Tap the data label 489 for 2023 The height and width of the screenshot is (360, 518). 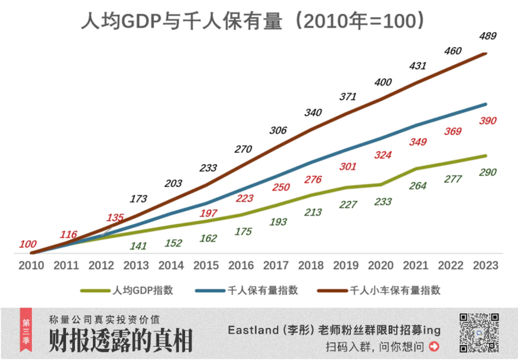click(487, 36)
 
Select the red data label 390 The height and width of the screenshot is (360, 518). click(487, 121)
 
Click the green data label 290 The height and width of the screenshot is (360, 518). click(487, 172)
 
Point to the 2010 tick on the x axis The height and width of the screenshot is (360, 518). click(31, 266)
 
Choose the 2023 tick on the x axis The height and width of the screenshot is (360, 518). click(485, 266)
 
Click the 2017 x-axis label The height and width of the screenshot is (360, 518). click(276, 266)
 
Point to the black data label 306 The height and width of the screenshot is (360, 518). click(278, 131)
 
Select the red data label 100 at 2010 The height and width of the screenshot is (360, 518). click(28, 244)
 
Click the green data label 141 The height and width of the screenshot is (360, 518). click(138, 246)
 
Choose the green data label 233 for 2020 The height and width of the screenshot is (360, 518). click(383, 201)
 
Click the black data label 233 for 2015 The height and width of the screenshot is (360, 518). click(208, 168)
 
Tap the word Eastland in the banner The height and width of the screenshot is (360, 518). click(250, 330)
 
